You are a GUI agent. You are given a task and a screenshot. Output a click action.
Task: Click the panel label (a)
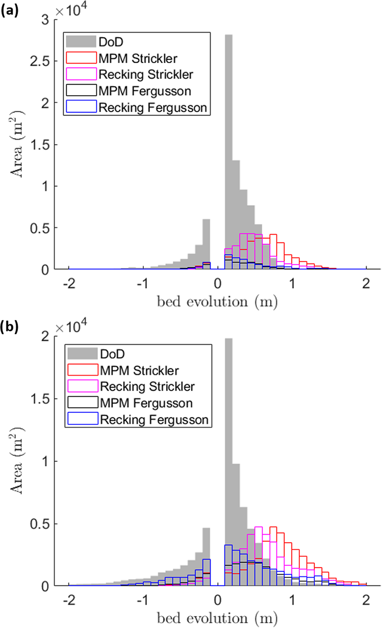pyautogui.click(x=10, y=11)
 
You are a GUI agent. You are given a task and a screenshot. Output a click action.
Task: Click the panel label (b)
pyautogui.click(x=10, y=327)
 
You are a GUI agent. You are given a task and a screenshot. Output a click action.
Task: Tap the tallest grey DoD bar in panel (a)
pyautogui.click(x=228, y=152)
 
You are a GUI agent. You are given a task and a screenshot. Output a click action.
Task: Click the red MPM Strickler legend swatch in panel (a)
pyautogui.click(x=81, y=58)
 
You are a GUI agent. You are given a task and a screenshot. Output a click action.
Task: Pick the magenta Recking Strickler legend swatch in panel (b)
pyautogui.click(x=83, y=386)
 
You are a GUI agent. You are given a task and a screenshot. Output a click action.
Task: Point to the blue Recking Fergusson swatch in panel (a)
pyautogui.click(x=81, y=107)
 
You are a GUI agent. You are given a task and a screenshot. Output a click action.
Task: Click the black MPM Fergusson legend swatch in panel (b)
pyautogui.click(x=83, y=402)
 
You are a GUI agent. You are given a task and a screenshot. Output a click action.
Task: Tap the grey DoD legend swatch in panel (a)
pyautogui.click(x=81, y=41)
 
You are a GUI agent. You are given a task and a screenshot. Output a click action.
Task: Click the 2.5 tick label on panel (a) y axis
pyautogui.click(x=40, y=61)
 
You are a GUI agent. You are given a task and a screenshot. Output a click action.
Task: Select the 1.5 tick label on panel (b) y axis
pyautogui.click(x=40, y=399)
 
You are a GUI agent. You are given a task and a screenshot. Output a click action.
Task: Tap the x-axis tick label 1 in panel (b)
pyautogui.click(x=292, y=600)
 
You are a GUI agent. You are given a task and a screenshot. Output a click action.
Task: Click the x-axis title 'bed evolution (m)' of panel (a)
pyautogui.click(x=217, y=302)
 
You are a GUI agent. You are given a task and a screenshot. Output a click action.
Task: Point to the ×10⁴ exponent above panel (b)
pyautogui.click(x=71, y=327)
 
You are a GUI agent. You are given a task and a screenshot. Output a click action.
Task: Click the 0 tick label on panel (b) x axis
pyautogui.click(x=218, y=600)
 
